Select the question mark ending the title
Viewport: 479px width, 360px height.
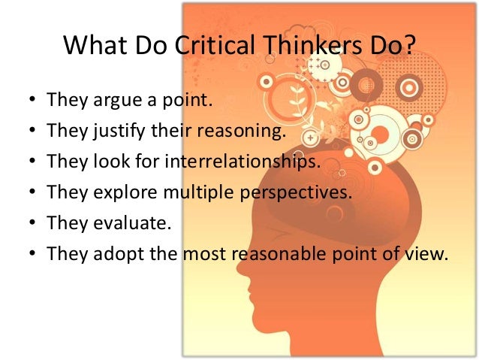406,48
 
